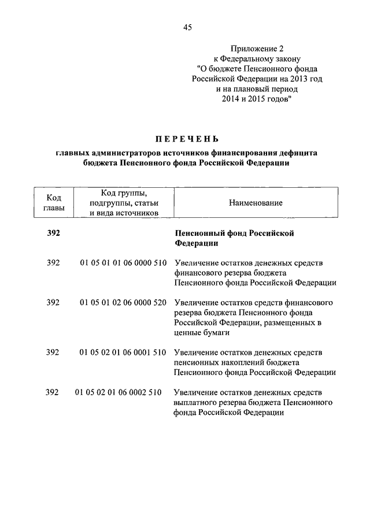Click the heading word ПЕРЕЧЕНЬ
(187, 139)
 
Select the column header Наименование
(255, 203)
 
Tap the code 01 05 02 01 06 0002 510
(118, 392)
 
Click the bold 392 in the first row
(53, 233)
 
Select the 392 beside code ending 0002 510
(53, 392)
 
